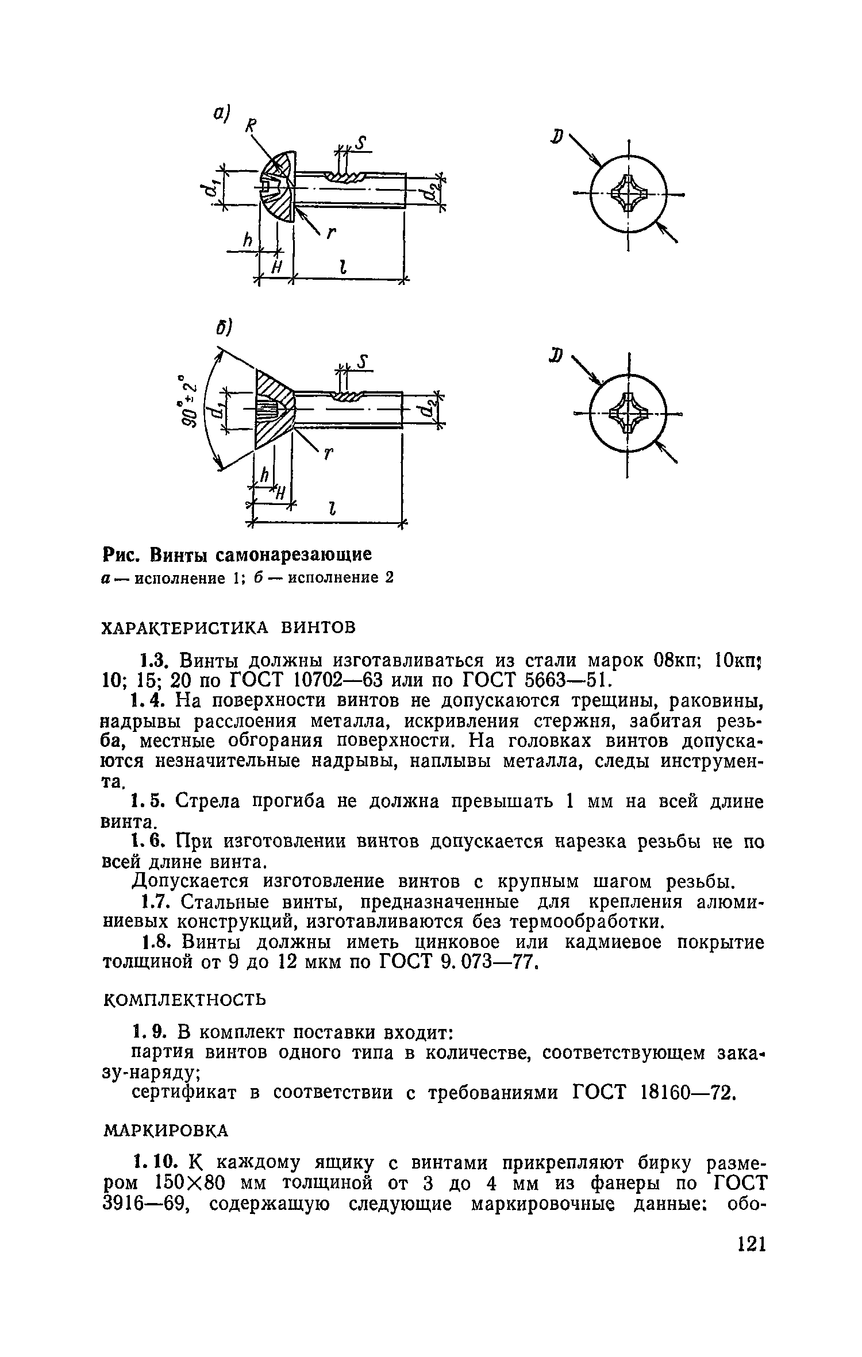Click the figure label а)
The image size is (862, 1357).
click(x=221, y=114)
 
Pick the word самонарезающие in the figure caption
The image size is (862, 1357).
click(x=294, y=554)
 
